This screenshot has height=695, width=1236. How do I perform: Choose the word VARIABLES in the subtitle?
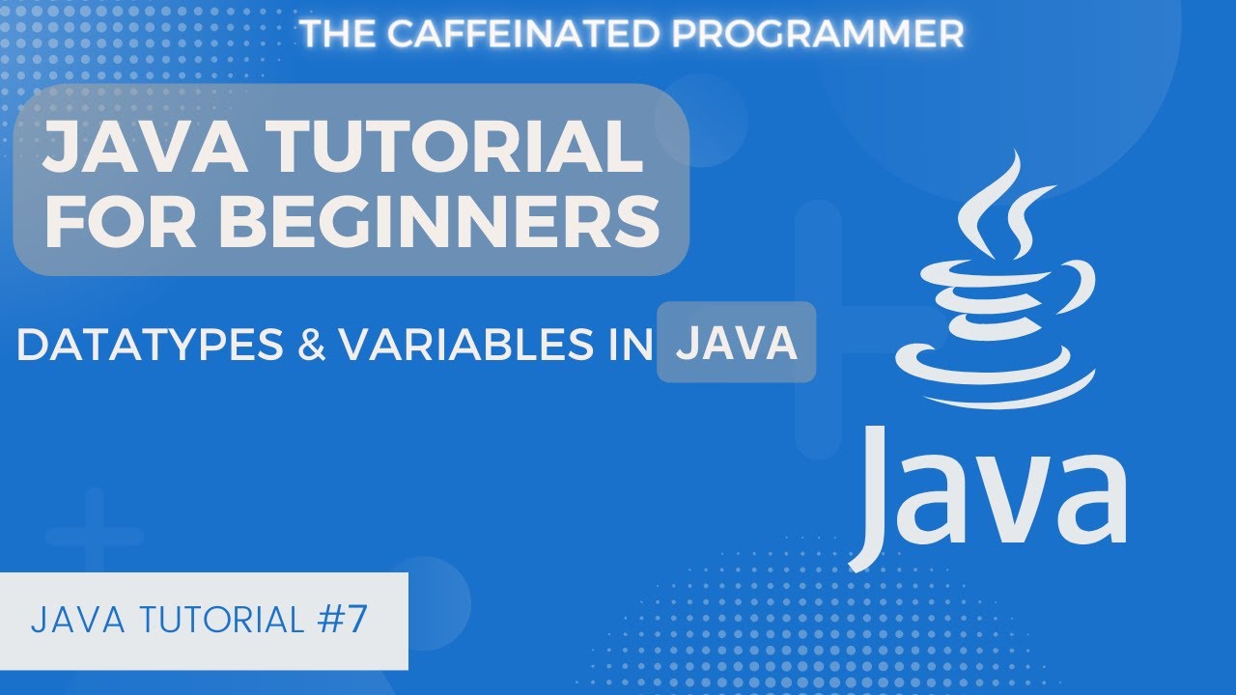point(465,346)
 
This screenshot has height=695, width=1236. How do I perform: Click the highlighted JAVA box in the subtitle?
point(736,343)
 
